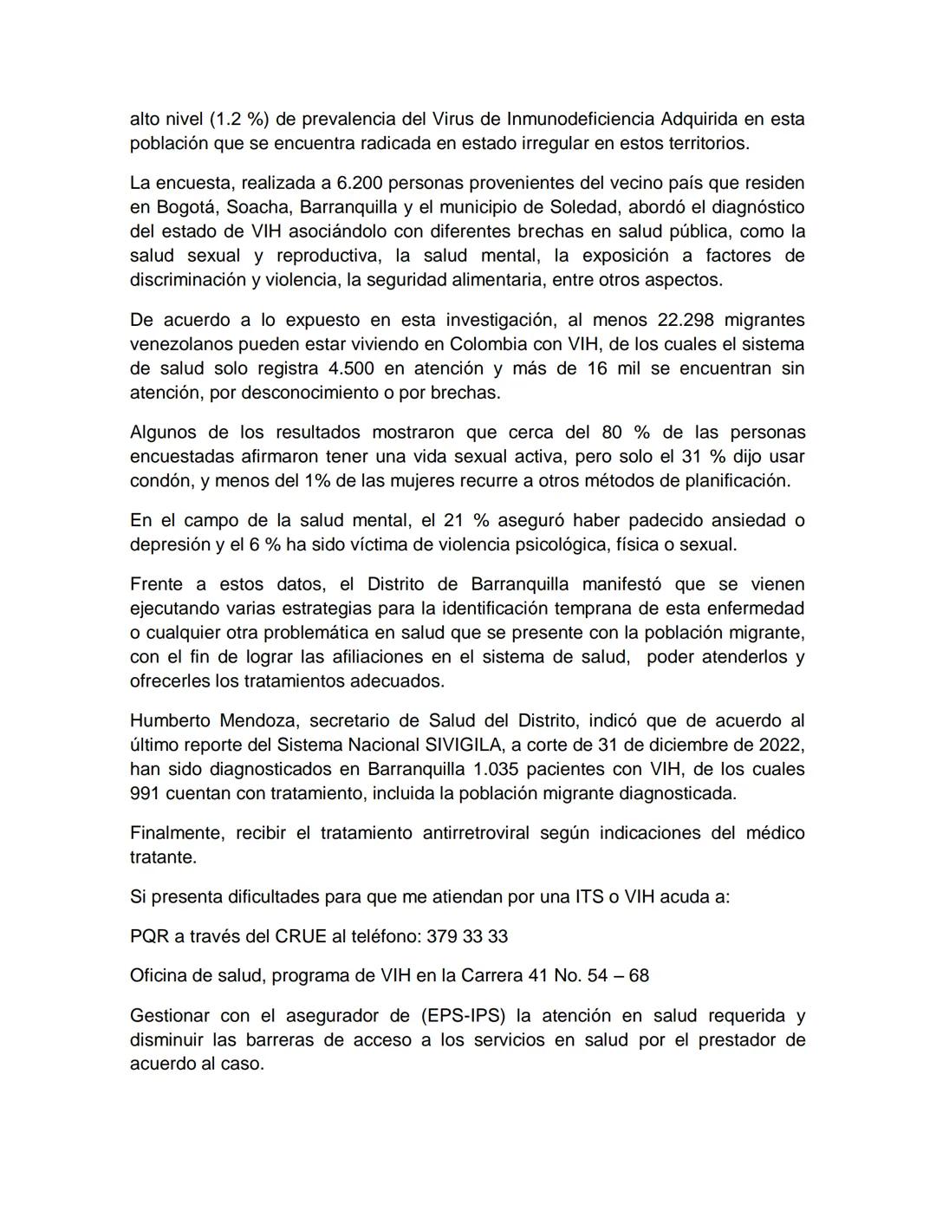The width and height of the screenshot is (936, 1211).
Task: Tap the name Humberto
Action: click(167, 720)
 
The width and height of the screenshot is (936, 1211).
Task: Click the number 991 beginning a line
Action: click(145, 793)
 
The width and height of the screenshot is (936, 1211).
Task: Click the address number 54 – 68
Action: click(618, 976)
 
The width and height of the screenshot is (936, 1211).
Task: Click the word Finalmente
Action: click(176, 833)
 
